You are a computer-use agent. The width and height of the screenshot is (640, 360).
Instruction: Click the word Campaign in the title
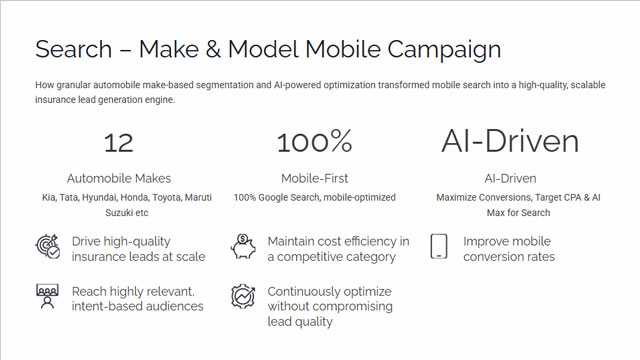[444, 50]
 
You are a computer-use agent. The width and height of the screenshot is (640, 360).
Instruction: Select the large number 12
[119, 143]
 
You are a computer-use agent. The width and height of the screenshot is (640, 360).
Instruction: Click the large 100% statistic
[314, 141]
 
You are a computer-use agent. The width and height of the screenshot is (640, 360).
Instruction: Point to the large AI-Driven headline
[510, 141]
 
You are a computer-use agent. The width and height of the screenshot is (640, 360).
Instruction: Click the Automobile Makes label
[119, 178]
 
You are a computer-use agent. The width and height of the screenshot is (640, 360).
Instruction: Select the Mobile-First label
[314, 178]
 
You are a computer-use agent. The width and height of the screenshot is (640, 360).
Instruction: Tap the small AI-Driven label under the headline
[510, 178]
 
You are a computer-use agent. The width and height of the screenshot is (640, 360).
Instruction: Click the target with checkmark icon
[48, 247]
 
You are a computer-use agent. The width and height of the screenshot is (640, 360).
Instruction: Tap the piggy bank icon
[243, 246]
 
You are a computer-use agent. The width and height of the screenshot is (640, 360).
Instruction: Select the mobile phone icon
[439, 246]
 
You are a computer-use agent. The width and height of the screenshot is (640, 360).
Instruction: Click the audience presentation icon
[47, 297]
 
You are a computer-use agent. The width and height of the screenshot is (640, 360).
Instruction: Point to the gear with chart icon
[243, 296]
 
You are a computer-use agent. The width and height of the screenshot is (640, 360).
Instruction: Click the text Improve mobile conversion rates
[509, 249]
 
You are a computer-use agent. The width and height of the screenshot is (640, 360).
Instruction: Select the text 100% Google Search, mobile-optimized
[314, 198]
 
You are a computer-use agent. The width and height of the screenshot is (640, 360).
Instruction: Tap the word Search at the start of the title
[73, 49]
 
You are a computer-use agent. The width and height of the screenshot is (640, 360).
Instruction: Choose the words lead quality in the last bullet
[300, 322]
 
